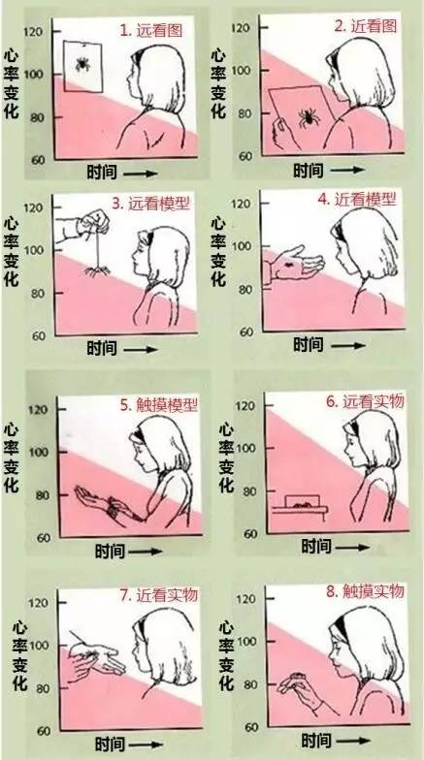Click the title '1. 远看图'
click(x=155, y=31)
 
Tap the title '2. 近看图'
click(x=367, y=26)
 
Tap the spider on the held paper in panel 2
click(x=309, y=118)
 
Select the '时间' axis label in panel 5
click(x=110, y=552)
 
